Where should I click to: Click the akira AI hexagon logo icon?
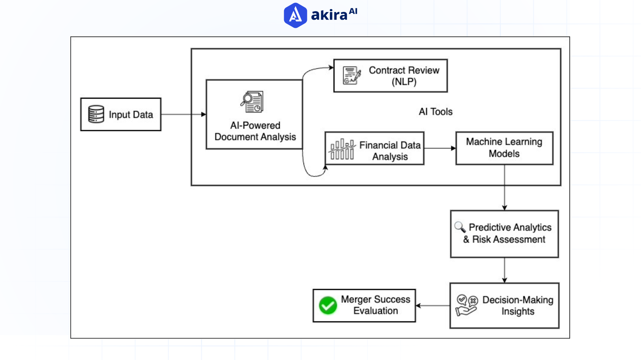click(295, 15)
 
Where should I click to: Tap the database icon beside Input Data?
click(96, 114)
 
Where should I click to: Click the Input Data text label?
click(131, 115)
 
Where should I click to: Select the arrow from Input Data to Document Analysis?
click(183, 114)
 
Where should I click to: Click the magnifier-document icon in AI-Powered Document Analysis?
click(252, 102)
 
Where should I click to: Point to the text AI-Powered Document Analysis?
click(255, 131)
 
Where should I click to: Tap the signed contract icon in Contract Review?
click(352, 75)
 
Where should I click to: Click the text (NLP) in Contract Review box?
click(404, 82)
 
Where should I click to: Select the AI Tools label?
click(436, 112)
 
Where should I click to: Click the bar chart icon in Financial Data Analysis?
click(342, 149)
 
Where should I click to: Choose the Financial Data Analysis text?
click(390, 151)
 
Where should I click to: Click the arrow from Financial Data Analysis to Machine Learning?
click(440, 148)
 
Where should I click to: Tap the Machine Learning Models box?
click(504, 148)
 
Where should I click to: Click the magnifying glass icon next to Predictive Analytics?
click(460, 227)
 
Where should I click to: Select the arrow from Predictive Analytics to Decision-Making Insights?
click(504, 270)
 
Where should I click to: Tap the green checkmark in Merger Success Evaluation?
click(328, 305)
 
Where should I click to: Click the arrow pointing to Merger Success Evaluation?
click(433, 305)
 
